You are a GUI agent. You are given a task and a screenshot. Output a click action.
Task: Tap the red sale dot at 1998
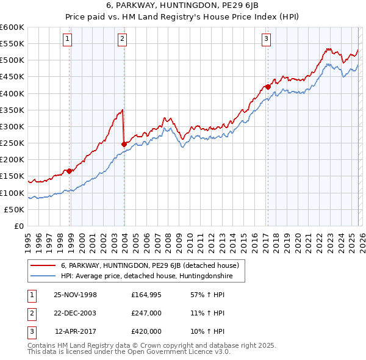coord(70,171)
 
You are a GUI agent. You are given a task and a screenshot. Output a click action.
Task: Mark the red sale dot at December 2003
coord(124,144)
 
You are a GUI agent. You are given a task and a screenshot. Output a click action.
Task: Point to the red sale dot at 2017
coord(268,87)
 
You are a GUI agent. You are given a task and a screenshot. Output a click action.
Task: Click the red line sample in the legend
coord(43,265)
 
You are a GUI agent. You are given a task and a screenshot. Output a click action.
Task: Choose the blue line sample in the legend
coord(43,276)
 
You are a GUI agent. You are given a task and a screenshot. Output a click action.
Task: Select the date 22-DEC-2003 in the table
coord(76,313)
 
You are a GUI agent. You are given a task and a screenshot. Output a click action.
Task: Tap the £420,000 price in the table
coord(146,331)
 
